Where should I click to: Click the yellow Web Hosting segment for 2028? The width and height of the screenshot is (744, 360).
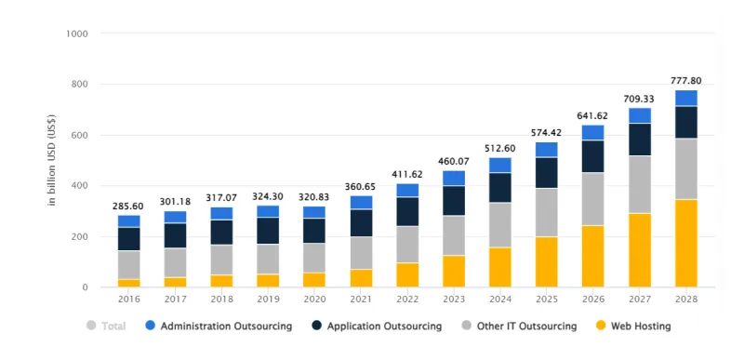click(x=686, y=243)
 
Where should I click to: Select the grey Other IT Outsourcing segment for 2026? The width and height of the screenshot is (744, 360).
click(x=593, y=199)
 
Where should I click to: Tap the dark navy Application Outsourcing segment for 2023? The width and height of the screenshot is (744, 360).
click(x=454, y=200)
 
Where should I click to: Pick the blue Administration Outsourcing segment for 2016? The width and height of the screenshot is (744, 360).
click(x=129, y=221)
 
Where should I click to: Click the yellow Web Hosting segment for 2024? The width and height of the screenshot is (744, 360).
click(x=500, y=267)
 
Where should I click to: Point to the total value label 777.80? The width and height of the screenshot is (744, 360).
click(x=686, y=80)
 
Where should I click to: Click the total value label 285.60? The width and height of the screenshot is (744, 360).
click(x=129, y=206)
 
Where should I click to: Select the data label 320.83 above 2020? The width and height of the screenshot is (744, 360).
click(x=314, y=196)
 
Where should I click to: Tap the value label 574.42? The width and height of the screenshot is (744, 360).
click(x=547, y=132)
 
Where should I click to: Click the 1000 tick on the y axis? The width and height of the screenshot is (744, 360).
click(x=77, y=33)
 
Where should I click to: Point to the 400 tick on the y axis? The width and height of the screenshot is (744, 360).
click(x=80, y=186)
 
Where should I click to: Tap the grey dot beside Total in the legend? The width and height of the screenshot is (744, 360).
click(x=90, y=327)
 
